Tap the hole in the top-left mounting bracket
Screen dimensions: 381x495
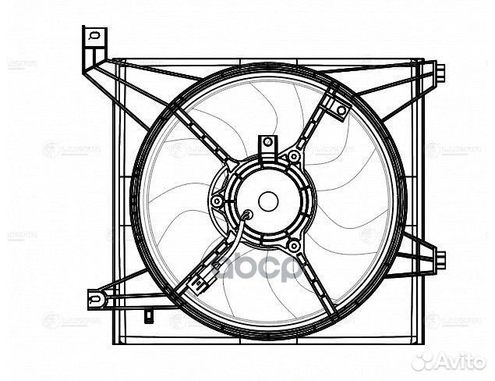[93, 35]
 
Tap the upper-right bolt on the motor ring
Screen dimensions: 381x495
[294, 157]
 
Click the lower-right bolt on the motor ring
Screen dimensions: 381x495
[294, 247]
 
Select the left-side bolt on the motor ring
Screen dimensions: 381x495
[216, 202]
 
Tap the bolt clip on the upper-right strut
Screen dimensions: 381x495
[340, 111]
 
